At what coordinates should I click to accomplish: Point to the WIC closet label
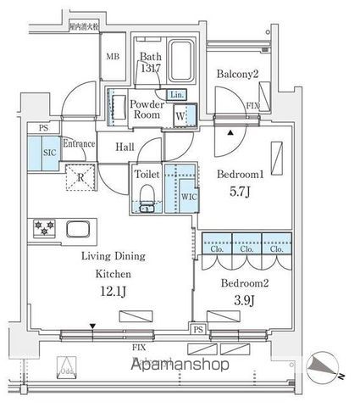coord(187,198)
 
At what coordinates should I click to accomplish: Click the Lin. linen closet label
coord(176,95)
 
